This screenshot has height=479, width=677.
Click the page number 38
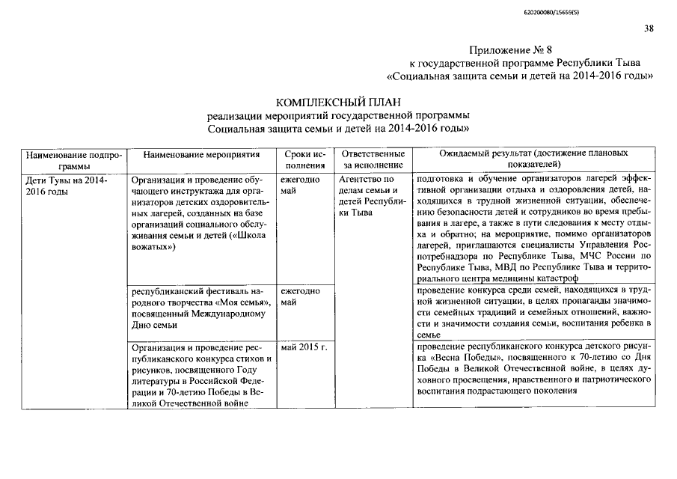[x=648, y=28]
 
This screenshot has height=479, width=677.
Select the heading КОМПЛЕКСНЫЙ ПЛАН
[x=339, y=102]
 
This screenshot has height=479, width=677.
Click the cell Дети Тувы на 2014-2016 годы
[x=67, y=186]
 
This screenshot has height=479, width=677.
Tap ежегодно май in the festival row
[x=300, y=296]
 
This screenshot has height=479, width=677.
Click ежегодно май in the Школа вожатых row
[x=300, y=186]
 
